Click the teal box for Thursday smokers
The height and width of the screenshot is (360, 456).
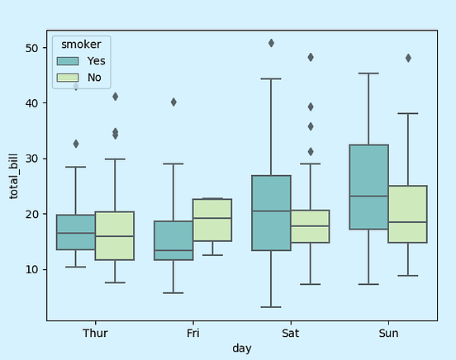click(x=76, y=232)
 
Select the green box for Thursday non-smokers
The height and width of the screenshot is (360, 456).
click(x=115, y=236)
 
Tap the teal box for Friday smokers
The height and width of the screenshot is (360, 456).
click(x=173, y=240)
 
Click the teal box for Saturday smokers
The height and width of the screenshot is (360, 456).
click(x=271, y=212)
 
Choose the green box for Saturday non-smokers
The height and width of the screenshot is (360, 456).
click(x=310, y=226)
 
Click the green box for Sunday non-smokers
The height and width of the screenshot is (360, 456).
click(x=407, y=214)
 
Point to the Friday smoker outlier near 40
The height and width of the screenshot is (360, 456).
click(x=173, y=102)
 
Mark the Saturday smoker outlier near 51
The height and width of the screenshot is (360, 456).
click(x=271, y=43)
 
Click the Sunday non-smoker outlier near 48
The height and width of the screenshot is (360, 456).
click(x=408, y=58)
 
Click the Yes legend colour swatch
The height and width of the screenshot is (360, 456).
click(x=68, y=61)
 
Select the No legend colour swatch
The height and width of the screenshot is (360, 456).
click(x=68, y=78)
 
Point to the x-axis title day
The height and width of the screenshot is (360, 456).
click(x=241, y=348)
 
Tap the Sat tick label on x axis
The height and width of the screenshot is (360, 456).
click(x=290, y=333)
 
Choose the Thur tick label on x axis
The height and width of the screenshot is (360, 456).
click(x=95, y=333)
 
